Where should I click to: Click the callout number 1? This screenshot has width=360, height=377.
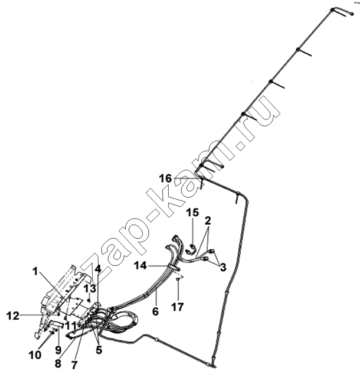(x=35, y=272)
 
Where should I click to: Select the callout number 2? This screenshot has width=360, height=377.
(x=208, y=220)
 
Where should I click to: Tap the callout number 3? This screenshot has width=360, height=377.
(x=223, y=267)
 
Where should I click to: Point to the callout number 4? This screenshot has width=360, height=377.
(x=98, y=269)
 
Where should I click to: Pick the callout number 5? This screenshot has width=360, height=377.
(x=99, y=350)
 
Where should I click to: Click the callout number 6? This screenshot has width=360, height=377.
(x=156, y=311)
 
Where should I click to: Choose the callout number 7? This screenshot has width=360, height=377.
(x=75, y=365)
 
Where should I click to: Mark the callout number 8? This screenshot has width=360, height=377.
(x=58, y=364)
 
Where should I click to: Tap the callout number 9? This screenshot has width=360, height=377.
(x=58, y=350)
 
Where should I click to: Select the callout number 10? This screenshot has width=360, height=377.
(x=35, y=355)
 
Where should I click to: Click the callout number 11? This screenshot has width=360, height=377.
(x=71, y=326)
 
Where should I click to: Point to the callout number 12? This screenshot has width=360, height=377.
(x=13, y=316)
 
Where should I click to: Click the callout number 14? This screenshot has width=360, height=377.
(x=140, y=266)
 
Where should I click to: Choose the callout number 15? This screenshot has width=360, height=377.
(x=193, y=213)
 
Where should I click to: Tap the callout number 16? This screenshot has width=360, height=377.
(x=166, y=178)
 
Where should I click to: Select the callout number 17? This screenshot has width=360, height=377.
(x=177, y=307)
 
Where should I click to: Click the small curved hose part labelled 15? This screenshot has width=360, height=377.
(x=191, y=249)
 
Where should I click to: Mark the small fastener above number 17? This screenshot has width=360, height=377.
(x=178, y=279)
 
